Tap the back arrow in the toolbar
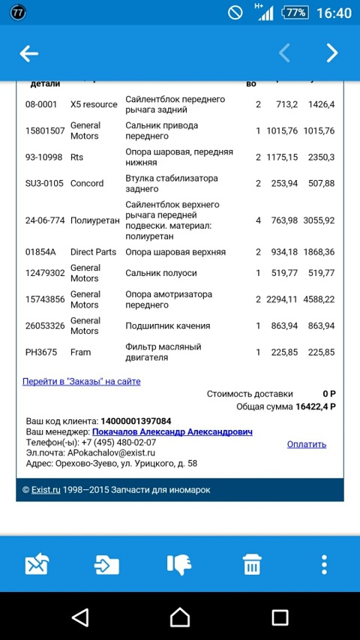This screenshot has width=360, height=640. point(29,53)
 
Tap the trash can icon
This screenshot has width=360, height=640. point(252,564)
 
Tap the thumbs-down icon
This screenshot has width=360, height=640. point(179,564)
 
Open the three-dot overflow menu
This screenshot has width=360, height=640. point(324,564)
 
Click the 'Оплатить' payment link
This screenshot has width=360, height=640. point(306,444)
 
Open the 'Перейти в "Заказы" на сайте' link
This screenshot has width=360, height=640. point(82,381)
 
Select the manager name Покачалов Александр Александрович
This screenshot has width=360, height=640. point(172,432)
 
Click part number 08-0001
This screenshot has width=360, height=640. point(41,104)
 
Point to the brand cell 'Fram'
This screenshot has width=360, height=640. point(81,352)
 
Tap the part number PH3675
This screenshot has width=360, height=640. point(41,352)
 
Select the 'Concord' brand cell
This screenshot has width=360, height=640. point(87,183)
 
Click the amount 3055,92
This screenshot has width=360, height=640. point(318,221)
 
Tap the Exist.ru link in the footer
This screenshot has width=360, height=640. point(45,490)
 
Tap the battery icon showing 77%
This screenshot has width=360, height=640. point(295,13)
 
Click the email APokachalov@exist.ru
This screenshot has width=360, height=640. point(110,453)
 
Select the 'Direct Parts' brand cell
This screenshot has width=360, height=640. point(93,252)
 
